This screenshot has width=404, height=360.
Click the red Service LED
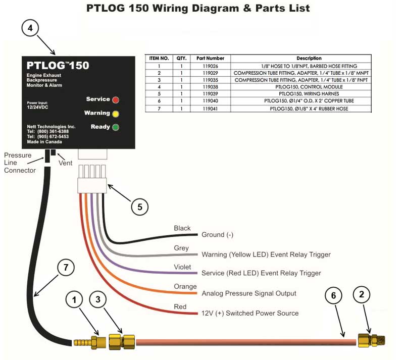point(116,100)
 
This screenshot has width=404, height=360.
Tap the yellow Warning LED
point(116,114)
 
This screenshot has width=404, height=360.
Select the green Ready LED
point(116,127)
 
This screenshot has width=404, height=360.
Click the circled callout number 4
point(30,28)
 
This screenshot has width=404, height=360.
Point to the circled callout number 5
point(140,207)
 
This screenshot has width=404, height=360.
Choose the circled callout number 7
point(66,268)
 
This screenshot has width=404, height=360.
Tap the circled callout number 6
point(333,295)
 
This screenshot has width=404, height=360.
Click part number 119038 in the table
point(210,87)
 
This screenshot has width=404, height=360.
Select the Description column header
point(309,58)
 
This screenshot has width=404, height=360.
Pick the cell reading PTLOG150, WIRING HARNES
point(309,94)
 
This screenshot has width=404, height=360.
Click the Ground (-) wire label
point(218,235)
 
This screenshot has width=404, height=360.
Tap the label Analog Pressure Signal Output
point(249,293)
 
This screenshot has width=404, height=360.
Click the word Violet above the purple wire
point(182,267)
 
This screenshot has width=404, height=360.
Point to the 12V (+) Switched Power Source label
point(250,313)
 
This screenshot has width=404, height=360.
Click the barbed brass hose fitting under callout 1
point(90,342)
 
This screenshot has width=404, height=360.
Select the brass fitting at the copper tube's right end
point(371,340)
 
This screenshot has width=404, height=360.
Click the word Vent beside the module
point(66,163)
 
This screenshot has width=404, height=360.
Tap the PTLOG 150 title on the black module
point(58,66)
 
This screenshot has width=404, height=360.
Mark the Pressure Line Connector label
point(20,163)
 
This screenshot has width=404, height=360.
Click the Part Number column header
point(210,58)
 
